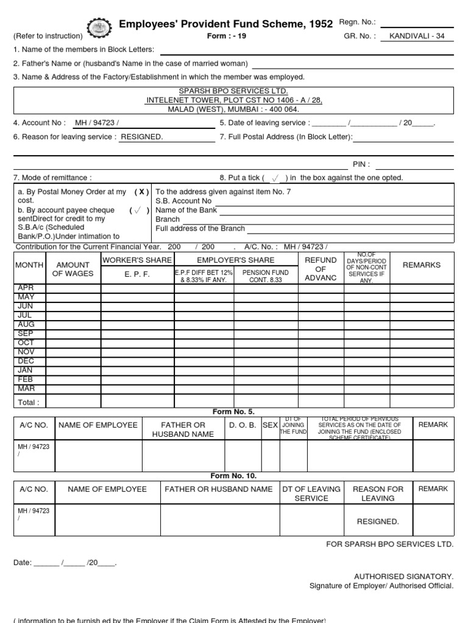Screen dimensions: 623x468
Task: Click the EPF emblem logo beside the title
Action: [101, 27]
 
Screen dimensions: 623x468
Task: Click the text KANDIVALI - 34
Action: [420, 37]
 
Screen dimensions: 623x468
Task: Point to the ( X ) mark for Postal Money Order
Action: [141, 192]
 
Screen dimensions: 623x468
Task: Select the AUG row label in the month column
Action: [26, 324]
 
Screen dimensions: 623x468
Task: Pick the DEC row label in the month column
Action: [26, 361]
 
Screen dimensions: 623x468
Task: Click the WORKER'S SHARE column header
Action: [137, 260]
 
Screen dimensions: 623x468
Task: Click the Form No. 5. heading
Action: [233, 412]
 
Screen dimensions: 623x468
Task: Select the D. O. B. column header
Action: [242, 425]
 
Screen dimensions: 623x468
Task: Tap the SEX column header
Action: [270, 425]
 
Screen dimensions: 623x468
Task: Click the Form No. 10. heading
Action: [233, 476]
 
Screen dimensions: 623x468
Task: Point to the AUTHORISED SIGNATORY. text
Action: [403, 576]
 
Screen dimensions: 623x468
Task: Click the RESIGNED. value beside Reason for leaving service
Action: [142, 137]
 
